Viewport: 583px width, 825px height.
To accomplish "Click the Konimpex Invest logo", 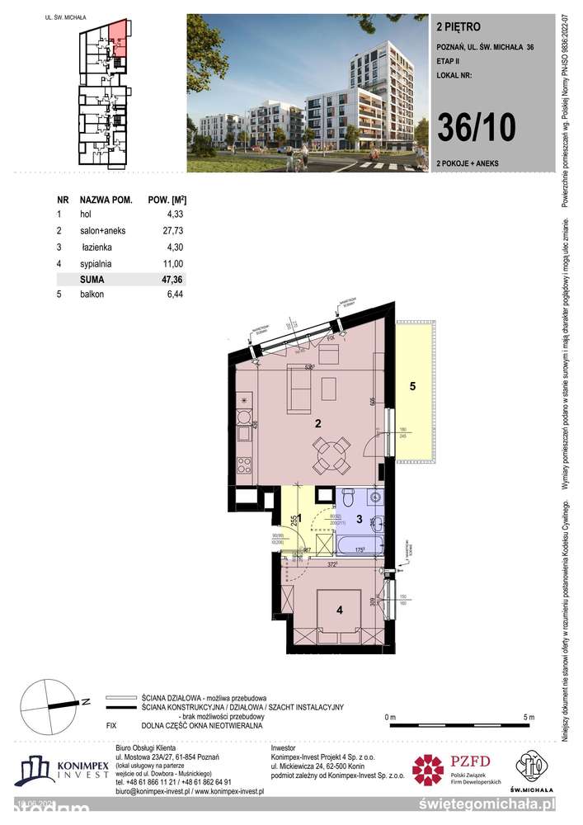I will point(62,769).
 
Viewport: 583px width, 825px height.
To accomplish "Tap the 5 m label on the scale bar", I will point(529,716).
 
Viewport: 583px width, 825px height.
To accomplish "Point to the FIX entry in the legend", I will point(115,726).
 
